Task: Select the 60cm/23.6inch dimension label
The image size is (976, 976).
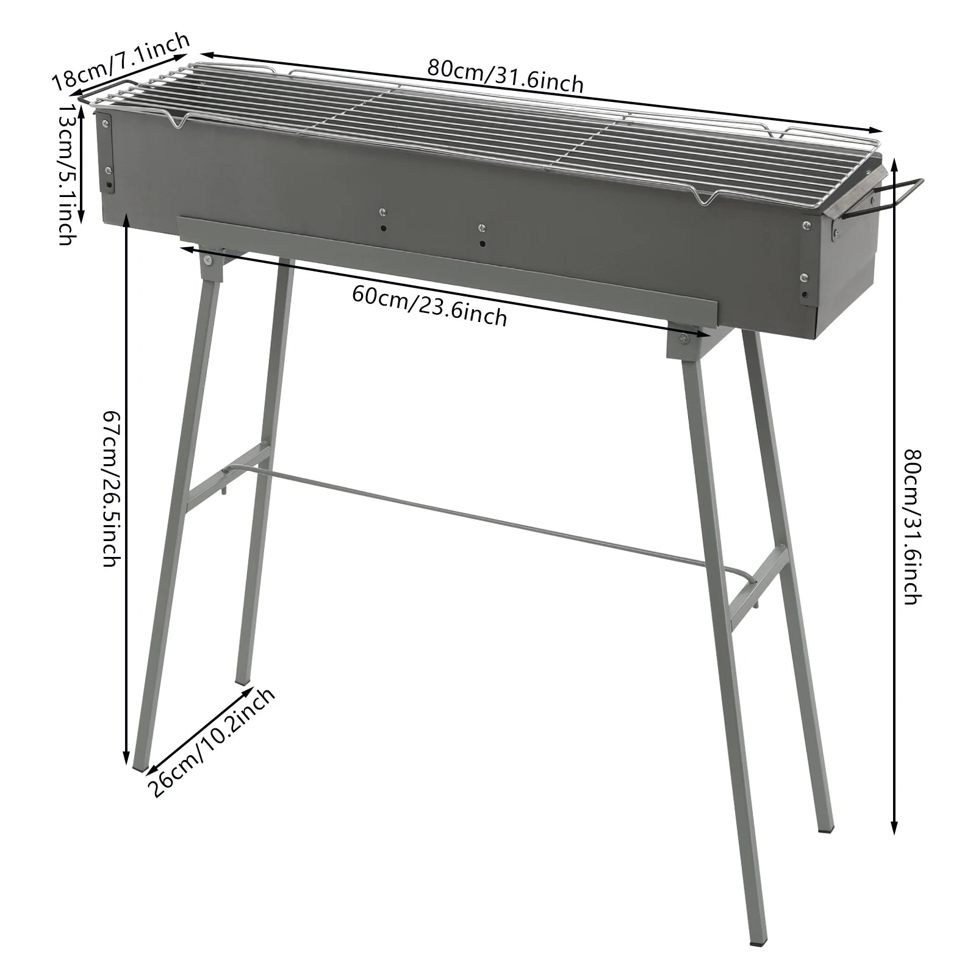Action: (429, 306)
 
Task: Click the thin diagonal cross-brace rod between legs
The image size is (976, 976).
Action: (488, 518)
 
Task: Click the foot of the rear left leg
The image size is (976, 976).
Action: (242, 678)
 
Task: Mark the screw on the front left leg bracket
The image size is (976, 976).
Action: (209, 260)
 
